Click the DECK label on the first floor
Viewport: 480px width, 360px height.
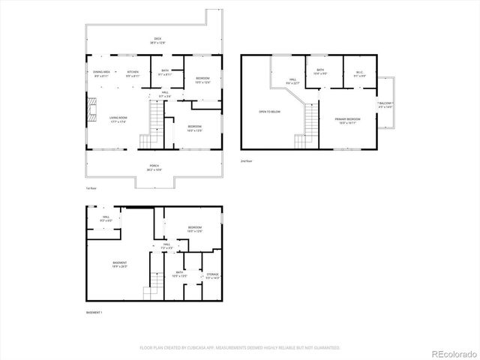(x=157, y=39)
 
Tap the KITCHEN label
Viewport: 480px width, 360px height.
(x=133, y=73)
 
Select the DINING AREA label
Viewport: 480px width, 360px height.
(x=101, y=73)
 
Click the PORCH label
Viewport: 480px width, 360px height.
(x=154, y=166)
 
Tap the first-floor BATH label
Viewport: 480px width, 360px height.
(x=165, y=71)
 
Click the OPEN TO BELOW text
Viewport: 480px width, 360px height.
(x=269, y=112)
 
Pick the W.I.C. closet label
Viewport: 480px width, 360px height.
(x=359, y=72)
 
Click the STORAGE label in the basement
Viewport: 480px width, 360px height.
(x=212, y=275)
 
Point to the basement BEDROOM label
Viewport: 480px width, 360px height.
(x=195, y=228)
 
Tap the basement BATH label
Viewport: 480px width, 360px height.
(x=180, y=273)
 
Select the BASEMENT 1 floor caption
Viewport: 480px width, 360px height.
(x=94, y=312)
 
